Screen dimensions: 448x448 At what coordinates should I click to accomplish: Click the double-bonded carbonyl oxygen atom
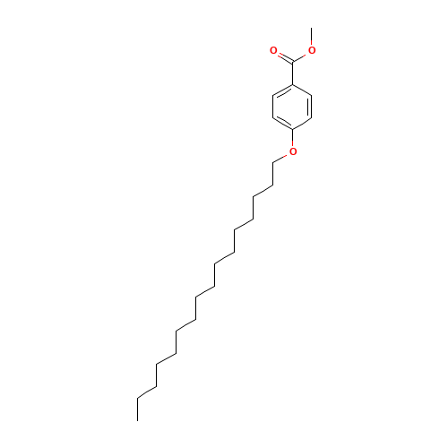tap(273, 50)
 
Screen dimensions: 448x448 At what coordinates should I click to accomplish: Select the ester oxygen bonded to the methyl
tap(312, 50)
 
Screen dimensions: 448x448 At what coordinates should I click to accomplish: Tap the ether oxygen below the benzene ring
tap(293, 151)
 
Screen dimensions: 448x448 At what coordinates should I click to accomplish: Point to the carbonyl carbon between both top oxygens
tap(293, 62)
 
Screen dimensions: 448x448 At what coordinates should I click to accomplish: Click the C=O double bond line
tap(283, 56)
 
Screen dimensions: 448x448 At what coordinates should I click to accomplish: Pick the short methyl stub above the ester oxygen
tap(311, 42)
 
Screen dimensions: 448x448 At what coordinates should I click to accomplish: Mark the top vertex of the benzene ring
tap(293, 84)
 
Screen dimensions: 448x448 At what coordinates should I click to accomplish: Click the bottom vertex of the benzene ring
tap(293, 129)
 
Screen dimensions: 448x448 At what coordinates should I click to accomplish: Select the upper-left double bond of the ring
tap(282, 90)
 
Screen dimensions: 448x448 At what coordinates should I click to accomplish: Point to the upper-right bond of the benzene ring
tap(303, 90)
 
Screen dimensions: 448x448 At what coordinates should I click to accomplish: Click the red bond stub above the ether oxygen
tap(293, 139)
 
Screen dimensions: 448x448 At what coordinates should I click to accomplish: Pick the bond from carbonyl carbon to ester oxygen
tap(302, 56)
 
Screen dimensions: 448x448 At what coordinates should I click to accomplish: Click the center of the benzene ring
tap(293, 107)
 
